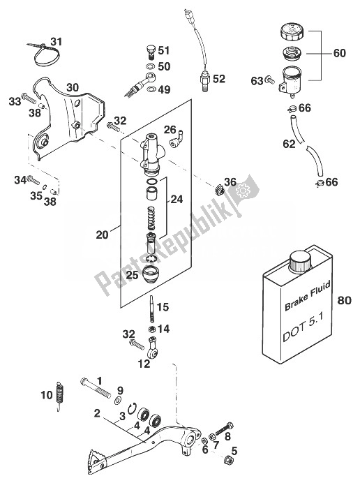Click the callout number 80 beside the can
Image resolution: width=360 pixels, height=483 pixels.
pos(344,299)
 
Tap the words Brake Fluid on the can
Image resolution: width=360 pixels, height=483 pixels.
pos(307,295)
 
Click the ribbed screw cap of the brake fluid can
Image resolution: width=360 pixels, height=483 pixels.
pos(300,262)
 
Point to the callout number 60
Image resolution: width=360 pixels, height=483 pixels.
pos(339,53)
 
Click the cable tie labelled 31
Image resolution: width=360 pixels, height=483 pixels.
pos(45,54)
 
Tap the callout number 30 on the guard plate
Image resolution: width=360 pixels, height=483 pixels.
pos(73,87)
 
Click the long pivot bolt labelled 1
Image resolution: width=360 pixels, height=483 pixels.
pos(95,387)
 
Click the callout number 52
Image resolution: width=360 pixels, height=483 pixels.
pos(219,79)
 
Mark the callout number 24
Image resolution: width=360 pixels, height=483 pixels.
pos(177,200)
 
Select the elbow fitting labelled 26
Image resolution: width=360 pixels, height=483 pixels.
pos(177,139)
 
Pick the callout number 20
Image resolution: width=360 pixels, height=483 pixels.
pos(103,235)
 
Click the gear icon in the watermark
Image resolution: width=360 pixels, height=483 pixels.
pos(243,191)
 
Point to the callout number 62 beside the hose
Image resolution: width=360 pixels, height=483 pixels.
pos(289,144)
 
